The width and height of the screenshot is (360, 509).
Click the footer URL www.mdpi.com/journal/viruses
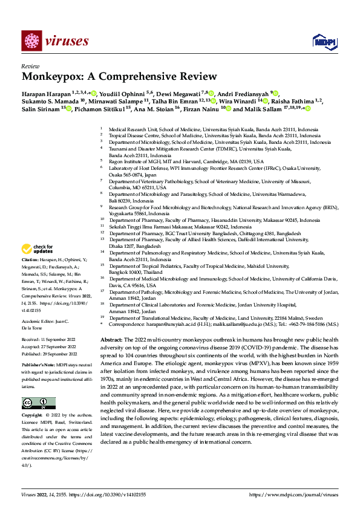tap(299, 494)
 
